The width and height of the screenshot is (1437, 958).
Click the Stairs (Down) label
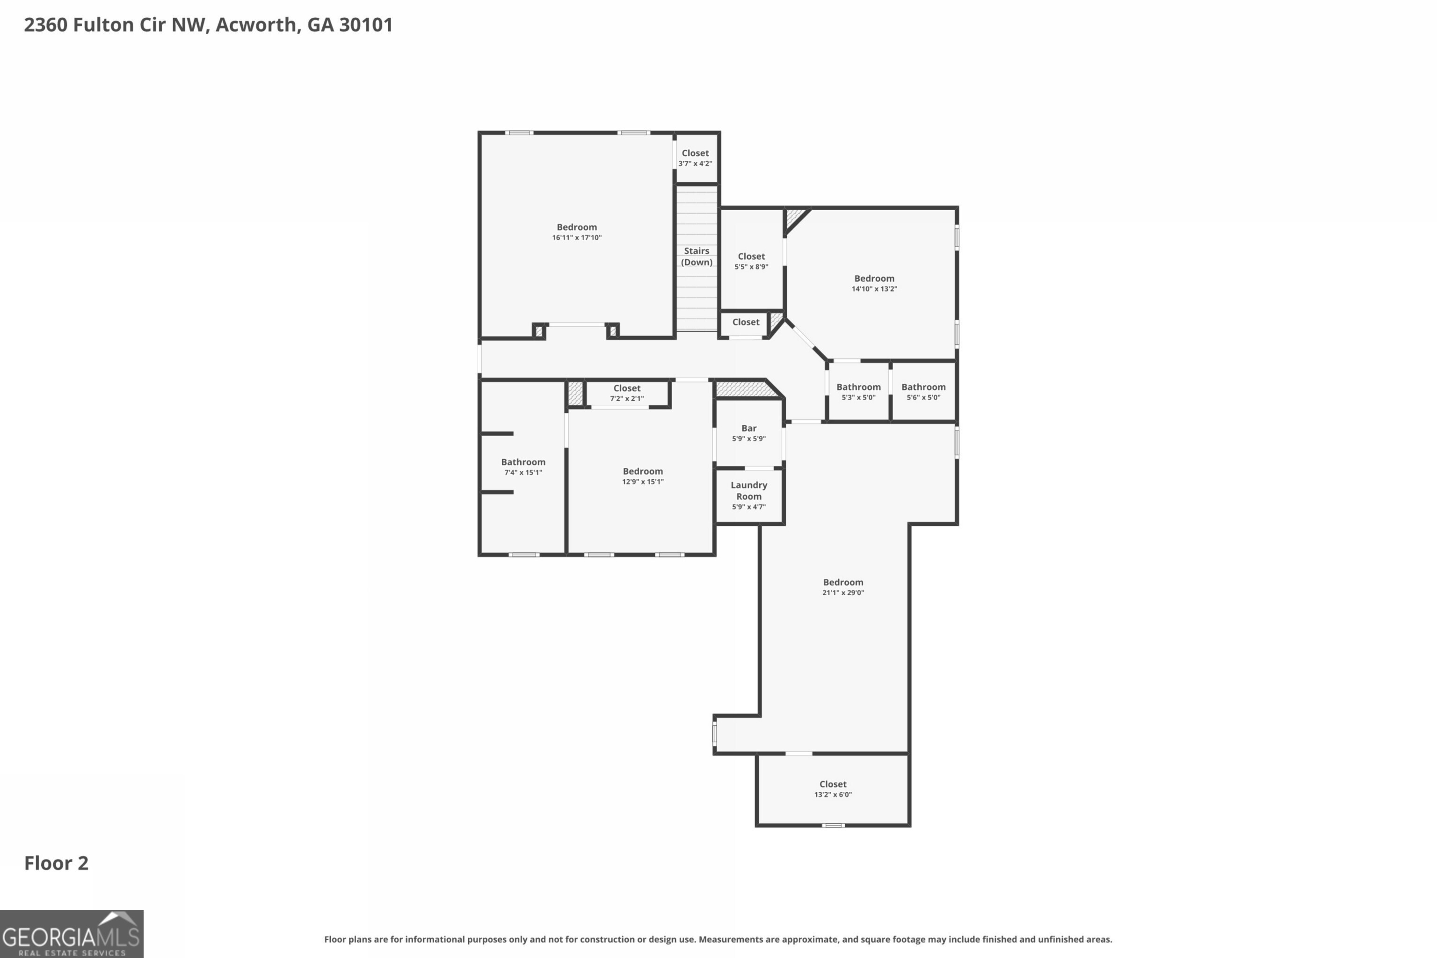(x=696, y=256)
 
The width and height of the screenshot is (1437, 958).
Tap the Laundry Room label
(x=749, y=490)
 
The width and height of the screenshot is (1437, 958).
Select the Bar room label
(x=749, y=428)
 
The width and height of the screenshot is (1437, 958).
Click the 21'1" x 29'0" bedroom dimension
(x=843, y=592)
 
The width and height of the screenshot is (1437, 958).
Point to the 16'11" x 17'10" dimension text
(x=576, y=238)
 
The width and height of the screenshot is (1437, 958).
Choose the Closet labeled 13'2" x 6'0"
(x=832, y=784)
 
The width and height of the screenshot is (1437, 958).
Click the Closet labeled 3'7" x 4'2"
(x=695, y=154)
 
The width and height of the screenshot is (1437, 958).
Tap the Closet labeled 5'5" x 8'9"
(x=751, y=256)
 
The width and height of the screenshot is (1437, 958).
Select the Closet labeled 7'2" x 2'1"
(x=627, y=388)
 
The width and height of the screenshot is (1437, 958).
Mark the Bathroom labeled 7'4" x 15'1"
(x=523, y=462)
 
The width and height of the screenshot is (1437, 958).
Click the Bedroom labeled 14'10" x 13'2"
(x=874, y=278)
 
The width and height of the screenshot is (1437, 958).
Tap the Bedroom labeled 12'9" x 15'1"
(x=642, y=471)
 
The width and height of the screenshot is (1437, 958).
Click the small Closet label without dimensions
(x=746, y=322)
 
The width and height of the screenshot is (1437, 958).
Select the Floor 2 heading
(x=56, y=863)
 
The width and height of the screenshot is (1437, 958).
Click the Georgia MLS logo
(x=72, y=934)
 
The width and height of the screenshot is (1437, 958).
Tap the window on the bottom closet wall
(x=832, y=826)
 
